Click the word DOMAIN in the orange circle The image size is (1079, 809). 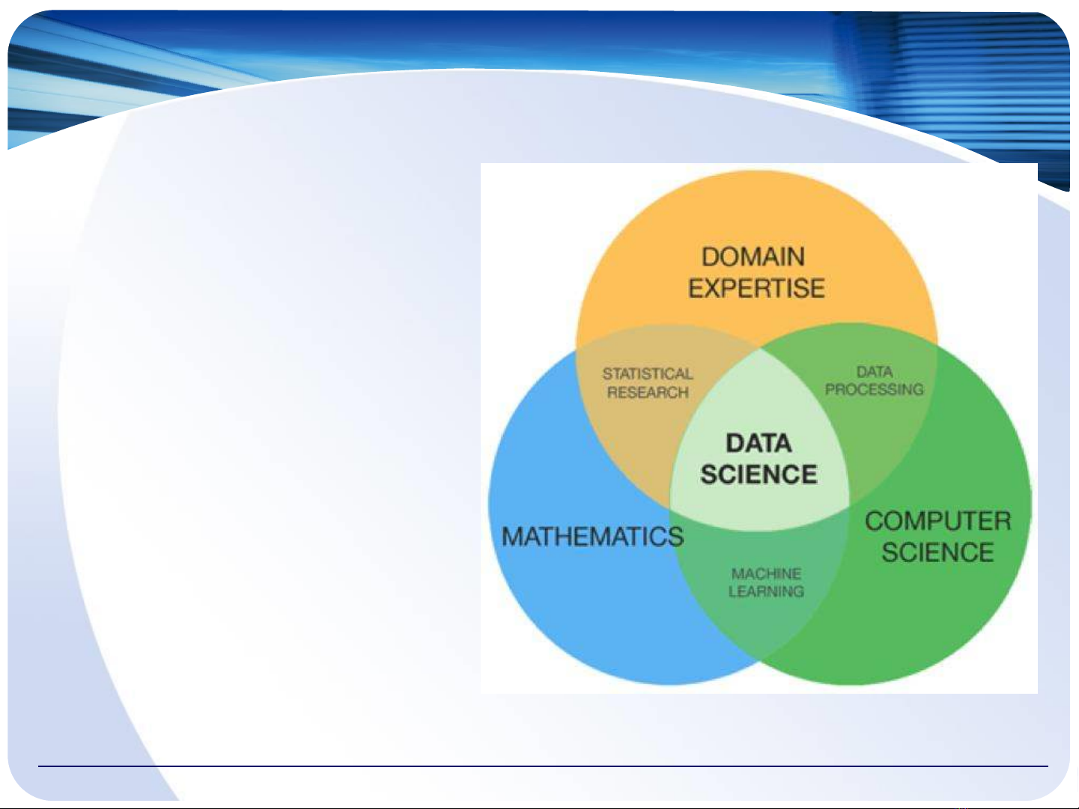pos(753,257)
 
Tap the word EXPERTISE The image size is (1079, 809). pos(756,288)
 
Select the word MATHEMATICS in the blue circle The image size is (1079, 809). pos(592,536)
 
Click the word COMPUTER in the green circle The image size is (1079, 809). pos(938,521)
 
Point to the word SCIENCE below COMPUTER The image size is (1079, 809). pos(938,552)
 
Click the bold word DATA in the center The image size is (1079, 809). pos(759,443)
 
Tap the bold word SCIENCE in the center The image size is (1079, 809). pos(759,474)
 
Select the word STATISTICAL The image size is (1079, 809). pos(648,373)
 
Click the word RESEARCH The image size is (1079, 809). pos(648,392)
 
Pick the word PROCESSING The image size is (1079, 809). pos(874,389)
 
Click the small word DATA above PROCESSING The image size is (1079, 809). pos(875,372)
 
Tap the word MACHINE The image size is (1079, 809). pos(766,574)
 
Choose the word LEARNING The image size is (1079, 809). pos(766,591)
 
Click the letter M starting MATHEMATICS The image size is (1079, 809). pos(513,536)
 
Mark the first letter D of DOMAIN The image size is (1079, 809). pos(711,257)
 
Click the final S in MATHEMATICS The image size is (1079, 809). pos(675,536)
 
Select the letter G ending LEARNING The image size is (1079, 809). pos(797,591)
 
